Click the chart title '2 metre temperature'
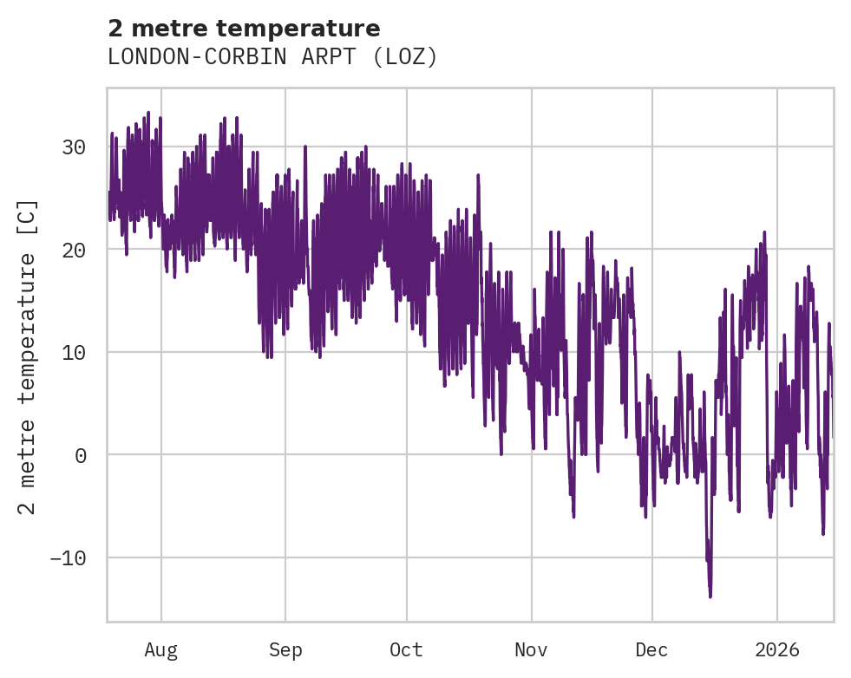pyautogui.click(x=244, y=29)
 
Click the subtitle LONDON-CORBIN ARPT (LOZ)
pyautogui.click(x=272, y=57)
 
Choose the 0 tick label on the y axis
pyautogui.click(x=80, y=455)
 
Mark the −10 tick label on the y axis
pyautogui.click(x=68, y=557)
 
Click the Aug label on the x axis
pyautogui.click(x=160, y=649)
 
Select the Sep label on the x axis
pyautogui.click(x=285, y=649)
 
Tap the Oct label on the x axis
pyautogui.click(x=406, y=649)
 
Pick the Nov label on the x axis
pyautogui.click(x=531, y=649)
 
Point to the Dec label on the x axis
pyautogui.click(x=651, y=649)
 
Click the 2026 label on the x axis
pyautogui.click(x=776, y=649)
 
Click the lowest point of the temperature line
pyautogui.click(x=710, y=597)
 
